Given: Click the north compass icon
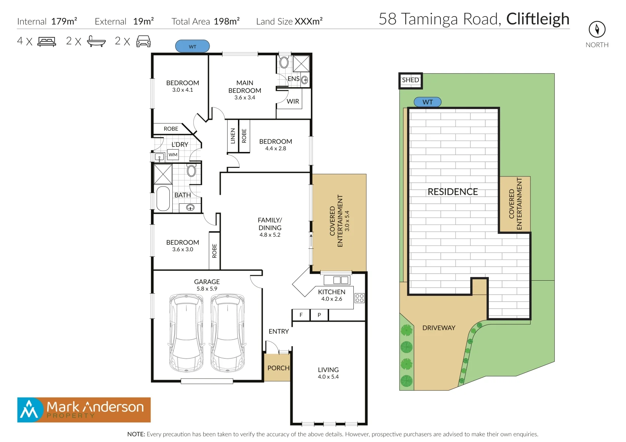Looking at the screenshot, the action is pos(597,29).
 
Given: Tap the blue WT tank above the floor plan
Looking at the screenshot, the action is pos(192,46).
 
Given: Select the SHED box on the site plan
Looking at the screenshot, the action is pos(410,81).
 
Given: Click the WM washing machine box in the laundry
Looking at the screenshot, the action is pos(173,155).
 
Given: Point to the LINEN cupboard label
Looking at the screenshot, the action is pos(232,136).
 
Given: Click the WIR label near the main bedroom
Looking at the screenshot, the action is pos(293,101).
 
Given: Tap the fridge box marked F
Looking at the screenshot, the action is pos(301,315).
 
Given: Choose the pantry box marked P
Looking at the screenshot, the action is pos(319,315).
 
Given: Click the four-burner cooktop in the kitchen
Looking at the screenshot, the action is pos(359,298).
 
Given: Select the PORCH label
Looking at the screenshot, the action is pos(279,368).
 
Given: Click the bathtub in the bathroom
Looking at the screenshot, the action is pos(163,199).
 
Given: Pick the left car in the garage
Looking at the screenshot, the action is pos(186,333).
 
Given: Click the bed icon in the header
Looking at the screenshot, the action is pos(47,42).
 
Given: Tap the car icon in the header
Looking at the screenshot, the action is pos(143,41).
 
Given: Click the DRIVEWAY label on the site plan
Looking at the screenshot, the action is pos(439,328).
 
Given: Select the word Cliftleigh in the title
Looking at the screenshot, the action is pos(538,19).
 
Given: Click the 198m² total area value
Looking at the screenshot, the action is pos(226,21).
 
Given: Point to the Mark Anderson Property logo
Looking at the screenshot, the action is pos(84,410).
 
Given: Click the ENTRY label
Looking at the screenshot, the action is pos(279,331).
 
